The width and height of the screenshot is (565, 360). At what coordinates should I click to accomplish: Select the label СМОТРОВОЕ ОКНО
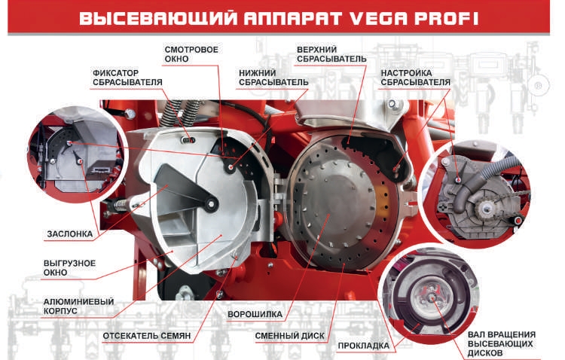point(191,54)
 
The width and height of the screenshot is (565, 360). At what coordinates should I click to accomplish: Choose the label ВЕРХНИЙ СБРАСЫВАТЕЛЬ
point(331,54)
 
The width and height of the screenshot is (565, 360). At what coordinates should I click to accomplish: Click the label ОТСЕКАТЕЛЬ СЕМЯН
point(148,334)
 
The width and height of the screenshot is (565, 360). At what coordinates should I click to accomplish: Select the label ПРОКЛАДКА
point(364,346)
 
